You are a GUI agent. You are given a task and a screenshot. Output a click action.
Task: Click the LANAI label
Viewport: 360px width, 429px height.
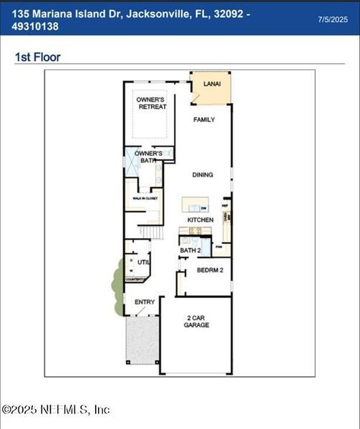point(211,84)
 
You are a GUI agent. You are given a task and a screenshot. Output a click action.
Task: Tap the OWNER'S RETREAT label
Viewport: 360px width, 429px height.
point(152,102)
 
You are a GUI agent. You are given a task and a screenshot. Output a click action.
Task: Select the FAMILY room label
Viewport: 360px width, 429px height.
point(204,119)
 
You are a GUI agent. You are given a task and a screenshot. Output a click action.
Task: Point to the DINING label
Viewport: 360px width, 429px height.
point(203,174)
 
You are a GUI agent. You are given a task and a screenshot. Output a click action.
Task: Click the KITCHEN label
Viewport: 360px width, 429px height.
point(200,220)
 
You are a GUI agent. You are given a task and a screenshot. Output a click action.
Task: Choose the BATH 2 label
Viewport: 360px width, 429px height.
point(190,250)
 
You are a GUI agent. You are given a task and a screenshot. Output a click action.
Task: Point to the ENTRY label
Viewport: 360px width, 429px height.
point(145,302)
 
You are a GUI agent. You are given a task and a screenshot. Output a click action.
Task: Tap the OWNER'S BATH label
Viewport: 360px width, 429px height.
point(149,157)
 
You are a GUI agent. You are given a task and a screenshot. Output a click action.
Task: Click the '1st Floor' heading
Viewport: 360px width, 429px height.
point(38,57)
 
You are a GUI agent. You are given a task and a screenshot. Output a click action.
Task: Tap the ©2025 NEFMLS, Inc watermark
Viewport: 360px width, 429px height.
point(56,410)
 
